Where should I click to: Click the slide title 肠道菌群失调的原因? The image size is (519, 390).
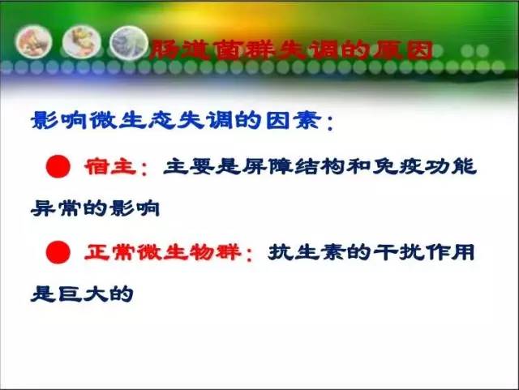pos(291,50)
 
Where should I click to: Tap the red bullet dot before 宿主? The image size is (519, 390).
pos(58,166)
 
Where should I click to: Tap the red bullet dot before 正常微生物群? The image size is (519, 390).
pos(58,252)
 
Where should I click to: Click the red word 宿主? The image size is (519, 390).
pos(110,166)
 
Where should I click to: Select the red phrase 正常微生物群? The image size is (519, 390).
pos(162,252)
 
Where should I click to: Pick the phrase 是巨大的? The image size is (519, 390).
pos(82,294)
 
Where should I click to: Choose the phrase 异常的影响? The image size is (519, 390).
pos(96,208)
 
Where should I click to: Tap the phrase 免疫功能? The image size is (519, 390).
pos(425,166)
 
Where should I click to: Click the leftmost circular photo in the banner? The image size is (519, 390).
pos(33,42)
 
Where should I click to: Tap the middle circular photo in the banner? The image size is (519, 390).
pos(81,42)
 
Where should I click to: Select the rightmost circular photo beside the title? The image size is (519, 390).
pos(129,43)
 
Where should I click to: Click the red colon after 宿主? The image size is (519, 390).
pos(144,168)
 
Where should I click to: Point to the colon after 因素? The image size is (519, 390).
pos(330,122)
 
